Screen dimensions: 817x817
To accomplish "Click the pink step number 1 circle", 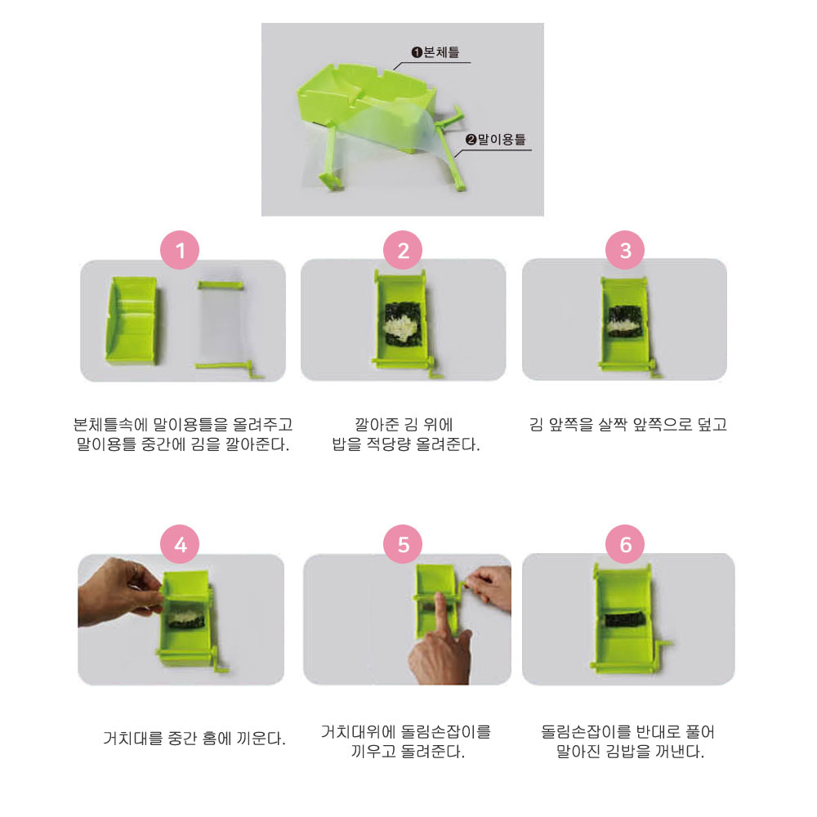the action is pyautogui.click(x=180, y=250).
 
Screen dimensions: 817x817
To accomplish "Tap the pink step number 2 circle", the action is pyautogui.click(x=403, y=250).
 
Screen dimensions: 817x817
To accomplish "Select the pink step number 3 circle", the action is pyautogui.click(x=625, y=250).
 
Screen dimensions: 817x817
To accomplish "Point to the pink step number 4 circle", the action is pyautogui.click(x=180, y=544).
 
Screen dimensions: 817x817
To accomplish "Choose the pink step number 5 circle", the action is pyautogui.click(x=403, y=544).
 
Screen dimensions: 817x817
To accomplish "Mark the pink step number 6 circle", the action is pyautogui.click(x=625, y=544).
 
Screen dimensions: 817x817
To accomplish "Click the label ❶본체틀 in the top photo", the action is pyautogui.click(x=435, y=52).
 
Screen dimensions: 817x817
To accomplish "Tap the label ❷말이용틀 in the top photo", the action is pyautogui.click(x=496, y=139).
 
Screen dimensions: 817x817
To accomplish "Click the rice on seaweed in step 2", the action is pyautogui.click(x=400, y=328).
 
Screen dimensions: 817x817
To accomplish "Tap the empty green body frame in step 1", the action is pyautogui.click(x=132, y=320).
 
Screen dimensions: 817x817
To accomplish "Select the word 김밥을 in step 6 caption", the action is pyautogui.click(x=623, y=752).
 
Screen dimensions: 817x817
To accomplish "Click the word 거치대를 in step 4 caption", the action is pyautogui.click(x=133, y=738).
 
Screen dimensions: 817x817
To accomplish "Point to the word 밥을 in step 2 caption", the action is pyautogui.click(x=346, y=444).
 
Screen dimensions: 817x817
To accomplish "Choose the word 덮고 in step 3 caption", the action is pyautogui.click(x=712, y=424).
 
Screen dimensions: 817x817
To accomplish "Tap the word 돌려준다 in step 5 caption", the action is pyautogui.click(x=433, y=752).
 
